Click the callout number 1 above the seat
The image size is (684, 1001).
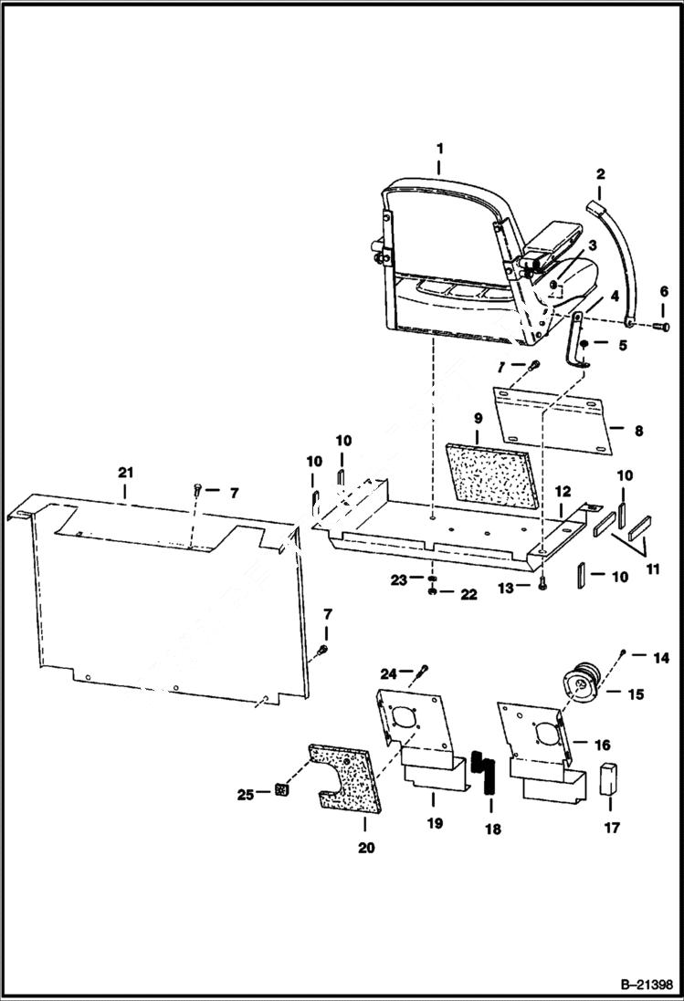tap(439, 148)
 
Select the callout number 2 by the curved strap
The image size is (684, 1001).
tap(600, 173)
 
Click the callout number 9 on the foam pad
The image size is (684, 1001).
tap(477, 419)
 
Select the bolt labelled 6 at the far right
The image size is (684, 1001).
tap(662, 326)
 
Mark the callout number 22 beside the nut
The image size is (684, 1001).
tap(468, 595)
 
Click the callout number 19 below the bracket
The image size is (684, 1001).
tap(434, 823)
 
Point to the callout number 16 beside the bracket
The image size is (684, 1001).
tap(602, 746)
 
